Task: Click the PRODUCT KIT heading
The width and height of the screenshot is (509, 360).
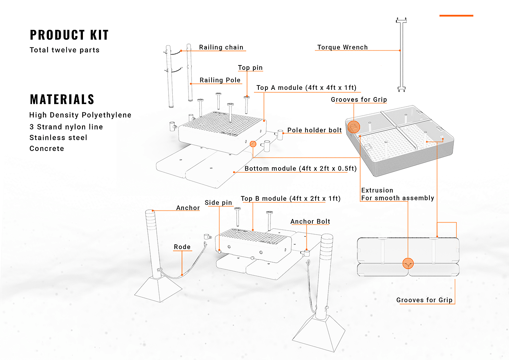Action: (x=69, y=35)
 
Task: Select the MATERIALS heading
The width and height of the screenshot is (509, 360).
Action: (x=62, y=99)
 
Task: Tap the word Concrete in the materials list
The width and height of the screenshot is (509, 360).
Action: (x=47, y=148)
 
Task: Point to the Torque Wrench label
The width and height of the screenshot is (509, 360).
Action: (x=342, y=47)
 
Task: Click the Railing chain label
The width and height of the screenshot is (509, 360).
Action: (x=221, y=47)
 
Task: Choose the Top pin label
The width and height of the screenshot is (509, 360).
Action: (x=250, y=68)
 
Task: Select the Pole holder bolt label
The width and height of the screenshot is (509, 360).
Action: (x=314, y=130)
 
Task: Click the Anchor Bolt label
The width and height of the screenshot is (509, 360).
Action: (x=310, y=221)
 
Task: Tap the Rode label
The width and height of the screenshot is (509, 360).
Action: (x=182, y=247)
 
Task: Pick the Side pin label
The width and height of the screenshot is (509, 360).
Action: (x=219, y=203)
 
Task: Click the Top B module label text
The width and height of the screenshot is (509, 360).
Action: (x=290, y=199)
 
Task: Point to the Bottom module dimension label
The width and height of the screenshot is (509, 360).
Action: (x=301, y=169)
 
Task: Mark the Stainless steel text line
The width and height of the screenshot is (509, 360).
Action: (x=59, y=137)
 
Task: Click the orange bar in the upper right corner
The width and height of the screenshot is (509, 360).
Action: (x=456, y=16)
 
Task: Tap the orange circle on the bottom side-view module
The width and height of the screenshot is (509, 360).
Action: (x=408, y=264)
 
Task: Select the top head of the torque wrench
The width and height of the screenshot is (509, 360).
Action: (x=401, y=20)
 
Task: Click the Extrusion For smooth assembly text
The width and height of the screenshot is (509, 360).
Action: (x=398, y=194)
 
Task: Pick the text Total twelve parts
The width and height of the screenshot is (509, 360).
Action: (x=65, y=50)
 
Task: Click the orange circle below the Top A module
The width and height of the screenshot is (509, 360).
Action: (x=253, y=144)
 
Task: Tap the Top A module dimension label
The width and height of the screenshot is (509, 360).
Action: (x=306, y=88)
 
